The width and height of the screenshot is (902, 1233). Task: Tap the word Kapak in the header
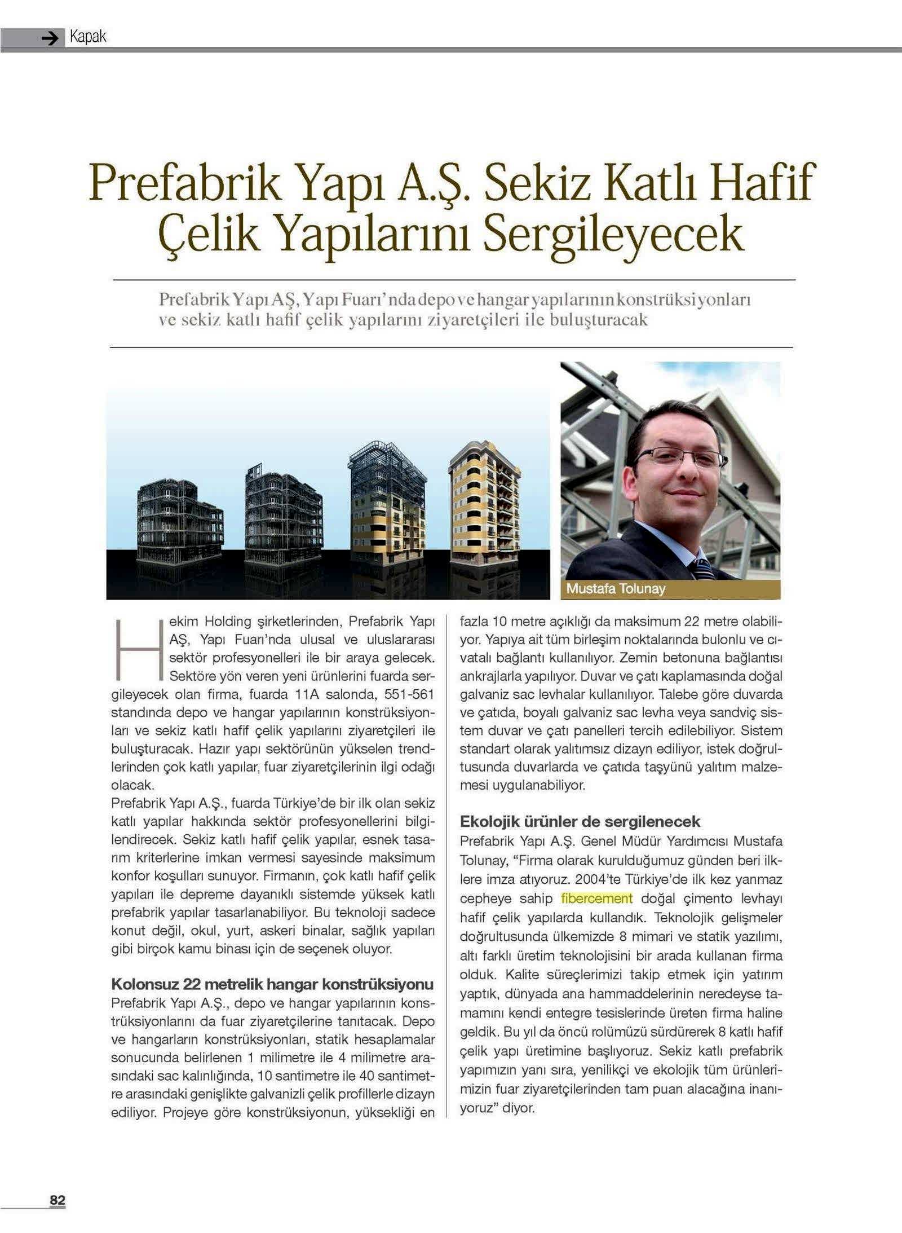click(87, 37)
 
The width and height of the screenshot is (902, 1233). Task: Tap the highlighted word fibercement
click(597, 899)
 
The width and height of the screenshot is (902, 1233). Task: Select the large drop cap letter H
click(135, 650)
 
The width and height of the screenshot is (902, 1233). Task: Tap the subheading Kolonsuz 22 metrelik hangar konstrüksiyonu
click(272, 984)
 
